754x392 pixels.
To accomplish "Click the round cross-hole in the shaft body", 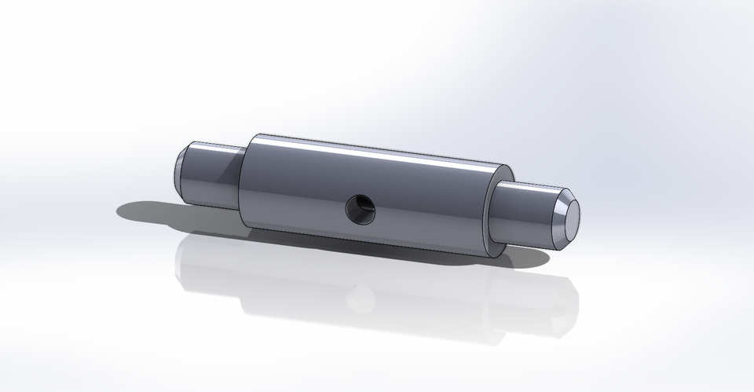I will pos(361,209).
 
